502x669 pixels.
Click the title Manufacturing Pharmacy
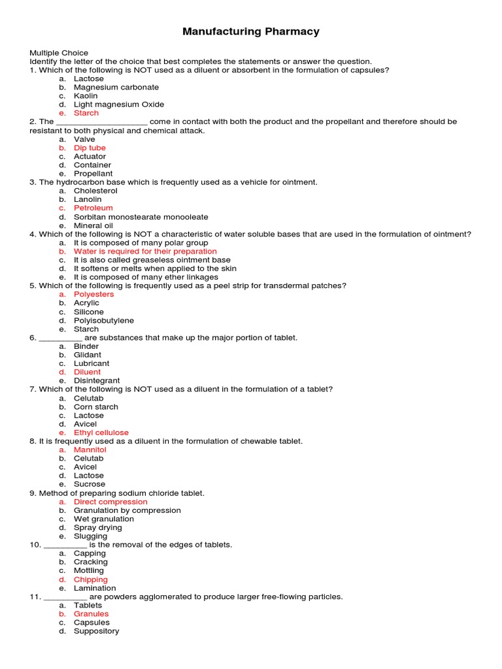pyautogui.click(x=251, y=31)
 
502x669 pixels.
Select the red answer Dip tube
pyautogui.click(x=90, y=148)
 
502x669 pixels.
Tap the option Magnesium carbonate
pyautogui.click(x=116, y=87)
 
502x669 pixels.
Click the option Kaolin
pyautogui.click(x=86, y=96)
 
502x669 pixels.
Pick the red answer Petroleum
pyautogui.click(x=93, y=208)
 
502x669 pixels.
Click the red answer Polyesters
pyautogui.click(x=93, y=294)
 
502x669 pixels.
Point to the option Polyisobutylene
pyautogui.click(x=103, y=320)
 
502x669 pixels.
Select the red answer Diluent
pyautogui.click(x=87, y=372)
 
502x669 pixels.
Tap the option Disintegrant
pyautogui.click(x=97, y=380)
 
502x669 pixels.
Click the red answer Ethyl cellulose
pyautogui.click(x=101, y=432)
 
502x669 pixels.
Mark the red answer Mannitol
pyautogui.click(x=90, y=449)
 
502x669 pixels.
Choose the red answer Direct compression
pyautogui.click(x=110, y=502)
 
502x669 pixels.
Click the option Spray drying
pyautogui.click(x=97, y=527)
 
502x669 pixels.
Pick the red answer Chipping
pyautogui.click(x=90, y=579)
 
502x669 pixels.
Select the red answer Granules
pyautogui.click(x=91, y=613)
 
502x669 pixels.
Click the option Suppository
pyautogui.click(x=96, y=631)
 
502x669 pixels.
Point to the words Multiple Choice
pyautogui.click(x=59, y=53)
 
